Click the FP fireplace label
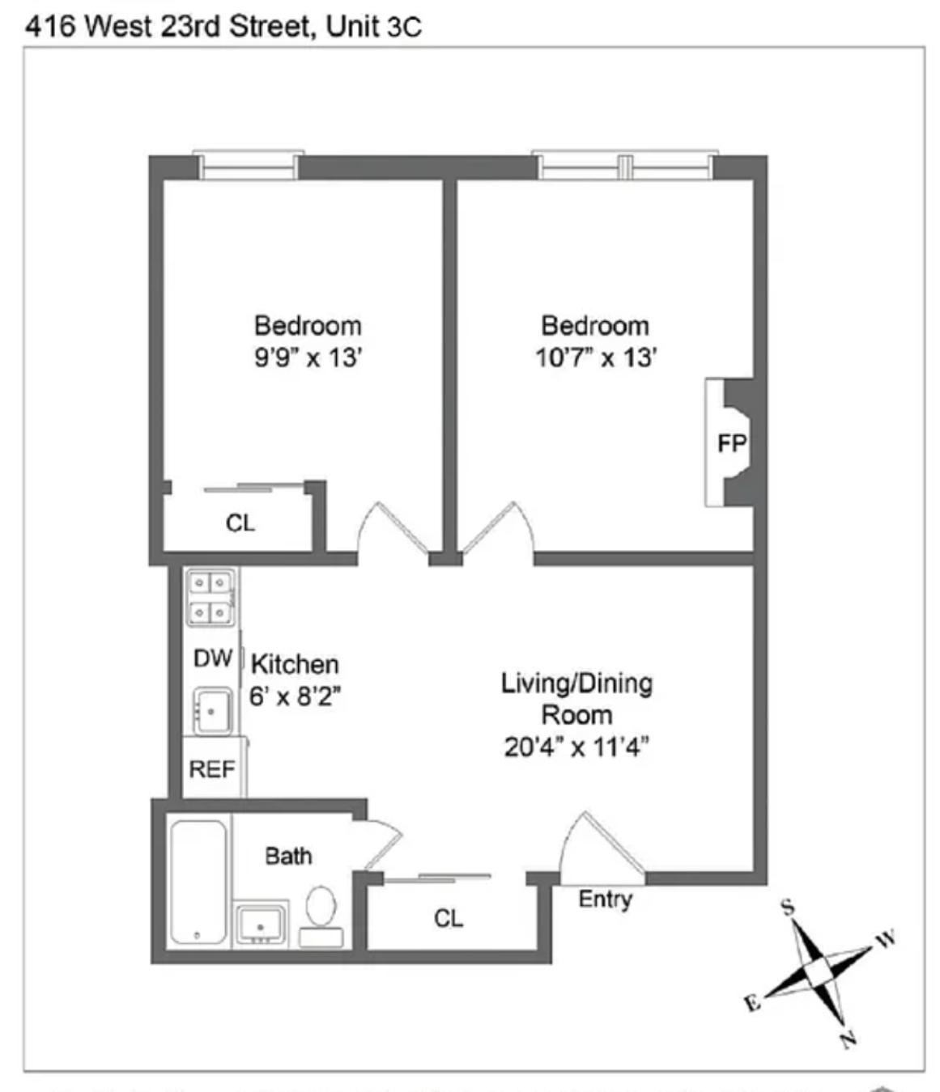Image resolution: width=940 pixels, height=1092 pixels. (x=731, y=443)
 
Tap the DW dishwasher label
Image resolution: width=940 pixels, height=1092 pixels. (x=213, y=658)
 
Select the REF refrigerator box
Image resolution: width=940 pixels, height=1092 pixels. (x=212, y=768)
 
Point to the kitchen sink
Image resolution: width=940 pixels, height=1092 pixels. (x=212, y=711)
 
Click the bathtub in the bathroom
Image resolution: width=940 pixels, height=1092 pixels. (x=198, y=882)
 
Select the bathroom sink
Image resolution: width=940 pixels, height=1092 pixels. (x=260, y=923)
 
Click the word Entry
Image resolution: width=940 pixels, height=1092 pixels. (x=605, y=899)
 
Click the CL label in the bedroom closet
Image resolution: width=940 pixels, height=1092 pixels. (x=240, y=523)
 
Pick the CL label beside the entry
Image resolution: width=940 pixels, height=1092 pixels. (x=449, y=918)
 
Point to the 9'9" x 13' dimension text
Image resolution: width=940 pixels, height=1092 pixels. (x=308, y=357)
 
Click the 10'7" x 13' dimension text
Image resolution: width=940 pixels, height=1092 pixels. (x=595, y=357)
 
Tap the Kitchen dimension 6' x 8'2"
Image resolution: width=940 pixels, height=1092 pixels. (x=295, y=696)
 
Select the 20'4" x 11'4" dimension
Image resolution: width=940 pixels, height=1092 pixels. (x=576, y=746)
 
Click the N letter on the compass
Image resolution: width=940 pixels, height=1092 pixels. (x=848, y=1038)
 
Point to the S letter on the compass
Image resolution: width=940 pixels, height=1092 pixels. (x=788, y=907)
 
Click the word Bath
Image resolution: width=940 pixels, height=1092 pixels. (x=288, y=856)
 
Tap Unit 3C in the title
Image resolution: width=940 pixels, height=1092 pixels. (x=373, y=27)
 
